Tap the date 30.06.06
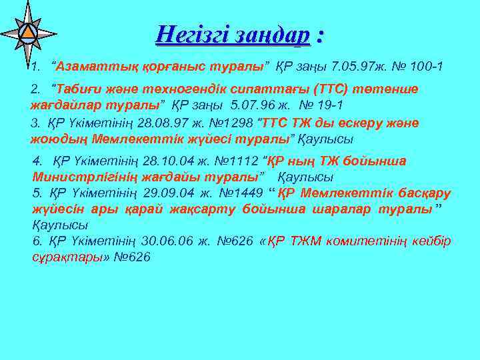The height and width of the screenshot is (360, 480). [x=165, y=241]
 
